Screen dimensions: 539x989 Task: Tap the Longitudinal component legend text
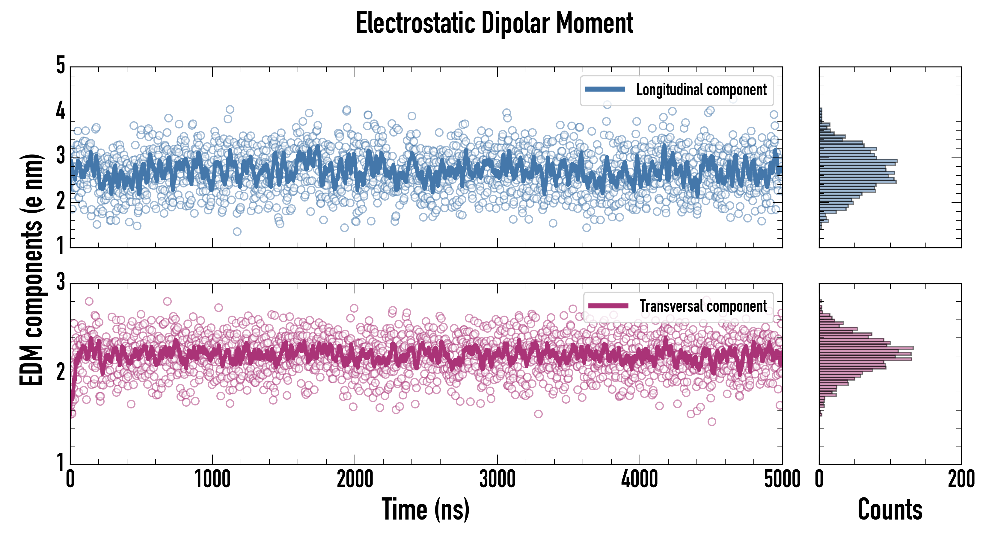click(701, 90)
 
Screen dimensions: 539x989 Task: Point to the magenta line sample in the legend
click(608, 306)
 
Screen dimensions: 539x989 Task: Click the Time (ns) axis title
click(425, 509)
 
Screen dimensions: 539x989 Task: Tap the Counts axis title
click(890, 509)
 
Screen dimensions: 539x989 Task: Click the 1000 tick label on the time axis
click(212, 479)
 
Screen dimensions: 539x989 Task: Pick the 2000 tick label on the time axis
click(355, 479)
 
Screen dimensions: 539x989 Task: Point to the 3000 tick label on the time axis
click(497, 479)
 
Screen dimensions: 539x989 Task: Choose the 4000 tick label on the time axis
click(640, 479)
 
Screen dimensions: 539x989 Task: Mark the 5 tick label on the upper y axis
click(61, 65)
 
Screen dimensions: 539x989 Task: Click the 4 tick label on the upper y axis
click(61, 111)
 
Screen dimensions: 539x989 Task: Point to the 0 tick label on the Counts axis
click(819, 479)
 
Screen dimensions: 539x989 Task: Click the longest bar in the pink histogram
click(866, 348)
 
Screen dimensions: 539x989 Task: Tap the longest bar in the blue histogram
click(858, 161)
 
